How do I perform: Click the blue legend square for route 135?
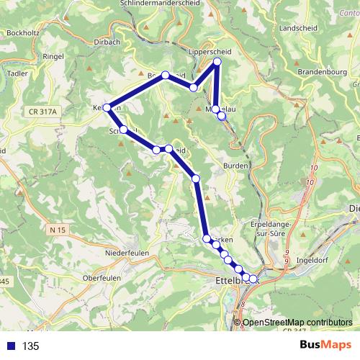pos(11,346)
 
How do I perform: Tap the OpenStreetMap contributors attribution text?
pos(297,322)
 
